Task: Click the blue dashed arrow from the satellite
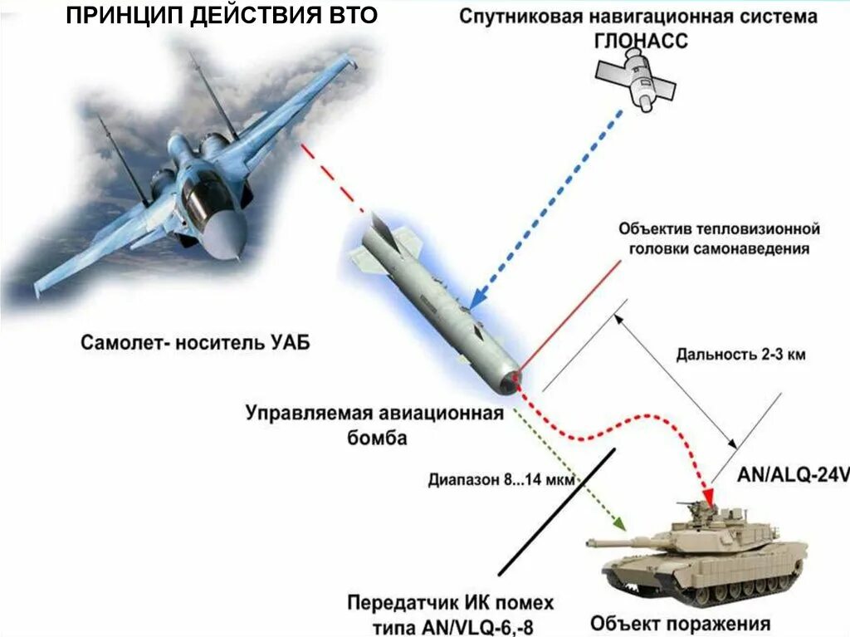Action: click(547, 208)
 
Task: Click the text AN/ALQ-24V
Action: click(793, 475)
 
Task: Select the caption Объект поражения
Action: click(680, 623)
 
